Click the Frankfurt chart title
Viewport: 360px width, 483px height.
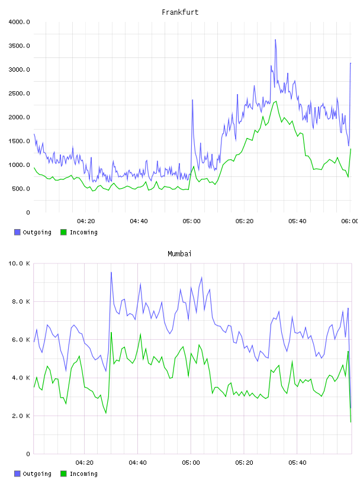[180, 12]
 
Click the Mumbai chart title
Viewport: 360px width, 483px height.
[179, 254]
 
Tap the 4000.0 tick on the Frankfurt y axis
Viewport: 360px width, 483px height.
[19, 22]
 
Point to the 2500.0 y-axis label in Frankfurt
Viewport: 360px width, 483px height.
[19, 94]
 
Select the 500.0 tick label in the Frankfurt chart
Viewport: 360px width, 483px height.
[21, 188]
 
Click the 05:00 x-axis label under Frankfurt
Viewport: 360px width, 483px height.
[191, 221]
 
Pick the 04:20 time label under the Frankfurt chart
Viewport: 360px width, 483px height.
[86, 221]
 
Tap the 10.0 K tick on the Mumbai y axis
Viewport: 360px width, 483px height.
[19, 263]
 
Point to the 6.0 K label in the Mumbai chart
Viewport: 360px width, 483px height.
[21, 340]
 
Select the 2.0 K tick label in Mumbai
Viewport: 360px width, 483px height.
[21, 416]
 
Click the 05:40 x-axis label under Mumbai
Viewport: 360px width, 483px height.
[297, 463]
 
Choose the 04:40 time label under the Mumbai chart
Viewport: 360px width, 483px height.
[137, 463]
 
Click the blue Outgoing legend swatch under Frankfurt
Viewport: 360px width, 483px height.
[17, 232]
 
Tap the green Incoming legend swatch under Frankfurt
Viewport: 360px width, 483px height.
[63, 232]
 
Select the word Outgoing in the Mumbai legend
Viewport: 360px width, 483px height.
[37, 474]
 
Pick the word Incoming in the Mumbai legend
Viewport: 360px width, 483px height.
[83, 474]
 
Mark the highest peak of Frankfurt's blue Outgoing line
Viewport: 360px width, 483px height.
[275, 40]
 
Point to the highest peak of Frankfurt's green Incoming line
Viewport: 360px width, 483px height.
[276, 101]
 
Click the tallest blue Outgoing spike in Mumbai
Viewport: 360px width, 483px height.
[111, 272]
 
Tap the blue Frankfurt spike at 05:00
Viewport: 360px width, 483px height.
[192, 100]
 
